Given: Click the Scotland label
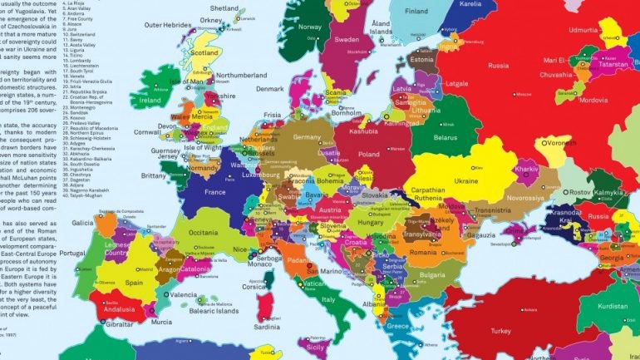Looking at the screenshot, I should (204, 53).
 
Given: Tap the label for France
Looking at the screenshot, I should (214, 192).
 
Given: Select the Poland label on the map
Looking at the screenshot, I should (367, 155).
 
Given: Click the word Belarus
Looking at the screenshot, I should (446, 137).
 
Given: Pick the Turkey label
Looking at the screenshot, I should (501, 331).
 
